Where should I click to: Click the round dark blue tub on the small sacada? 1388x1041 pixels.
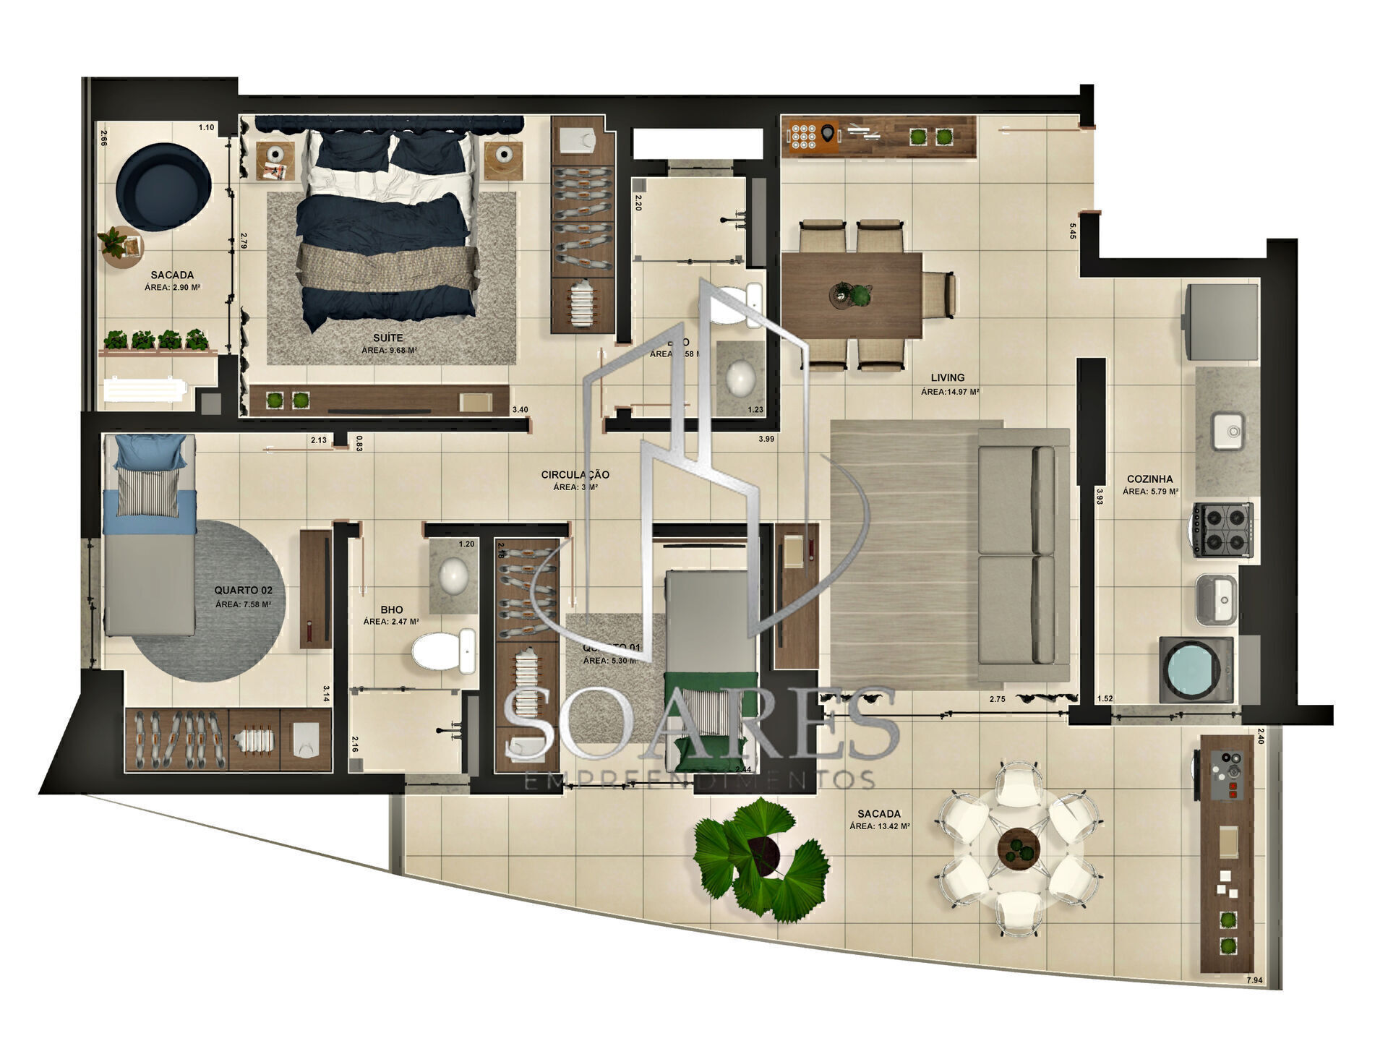click(x=163, y=187)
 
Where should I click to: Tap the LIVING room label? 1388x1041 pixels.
click(x=947, y=377)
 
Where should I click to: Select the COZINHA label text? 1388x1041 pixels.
click(x=1149, y=479)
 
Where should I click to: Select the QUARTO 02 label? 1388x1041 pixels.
click(x=244, y=591)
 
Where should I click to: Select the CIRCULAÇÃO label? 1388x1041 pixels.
click(x=575, y=475)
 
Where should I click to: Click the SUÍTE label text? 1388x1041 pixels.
click(x=388, y=338)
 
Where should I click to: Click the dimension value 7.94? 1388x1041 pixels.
click(x=1254, y=980)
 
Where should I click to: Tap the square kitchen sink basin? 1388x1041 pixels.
click(x=1227, y=430)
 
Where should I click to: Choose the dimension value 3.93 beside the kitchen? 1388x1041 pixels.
click(x=1099, y=497)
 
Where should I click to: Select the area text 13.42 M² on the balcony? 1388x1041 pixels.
click(x=879, y=826)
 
